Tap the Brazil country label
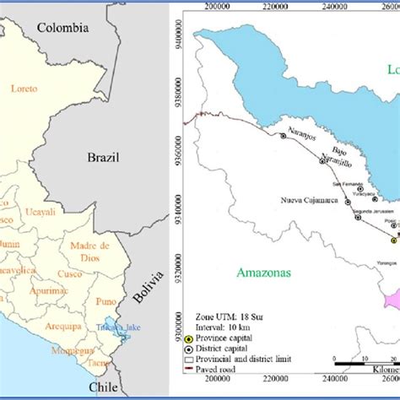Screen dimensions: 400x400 104,158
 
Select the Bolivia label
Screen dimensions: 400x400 142,288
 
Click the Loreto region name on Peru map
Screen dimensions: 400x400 26,87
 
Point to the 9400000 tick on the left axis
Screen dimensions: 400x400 180,39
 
